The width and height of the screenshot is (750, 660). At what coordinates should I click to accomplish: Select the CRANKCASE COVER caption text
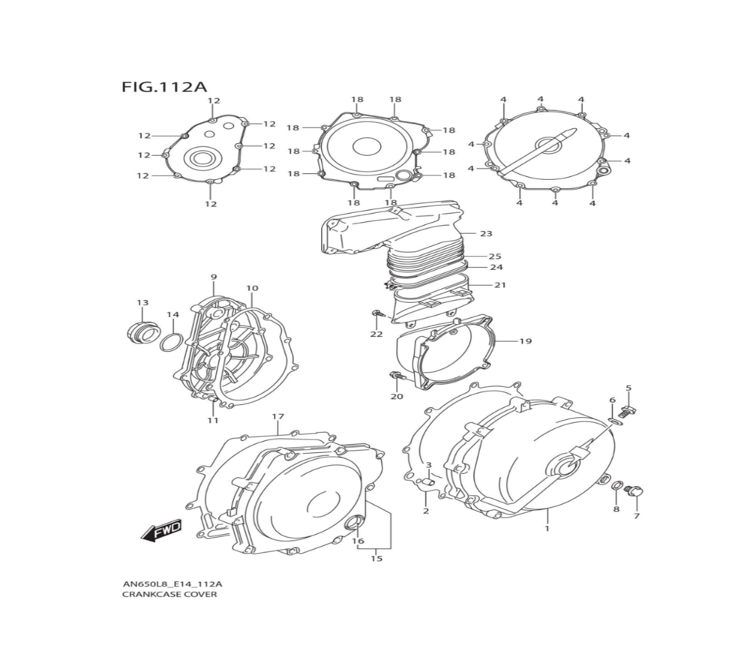(169, 595)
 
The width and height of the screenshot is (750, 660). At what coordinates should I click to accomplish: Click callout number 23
(486, 234)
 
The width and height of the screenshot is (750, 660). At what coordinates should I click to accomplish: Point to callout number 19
(525, 341)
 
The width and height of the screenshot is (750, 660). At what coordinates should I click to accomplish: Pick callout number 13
(142, 303)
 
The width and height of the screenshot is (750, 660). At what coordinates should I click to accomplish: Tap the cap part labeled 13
(142, 332)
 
